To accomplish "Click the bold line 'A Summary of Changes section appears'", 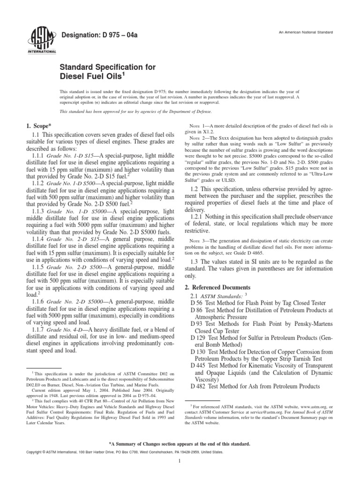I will click(x=180, y=443).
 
